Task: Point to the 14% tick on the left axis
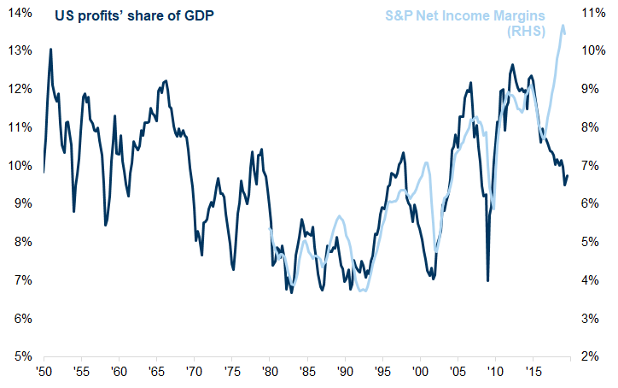pyautogui.click(x=21, y=12)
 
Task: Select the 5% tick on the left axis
pyautogui.click(x=21, y=356)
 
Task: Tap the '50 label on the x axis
pyautogui.click(x=44, y=373)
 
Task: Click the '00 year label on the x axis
pyautogui.click(x=419, y=373)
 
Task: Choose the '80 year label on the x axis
pyautogui.click(x=269, y=373)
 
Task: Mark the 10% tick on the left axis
pyautogui.click(x=21, y=165)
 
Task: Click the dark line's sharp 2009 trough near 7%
pyautogui.click(x=487, y=280)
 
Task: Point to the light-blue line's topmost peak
pyautogui.click(x=563, y=26)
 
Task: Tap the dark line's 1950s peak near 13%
pyautogui.click(x=50, y=49)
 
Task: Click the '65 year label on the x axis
pyautogui.click(x=156, y=373)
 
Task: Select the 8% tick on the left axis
pyautogui.click(x=21, y=242)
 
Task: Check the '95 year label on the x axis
pyautogui.click(x=382, y=373)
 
